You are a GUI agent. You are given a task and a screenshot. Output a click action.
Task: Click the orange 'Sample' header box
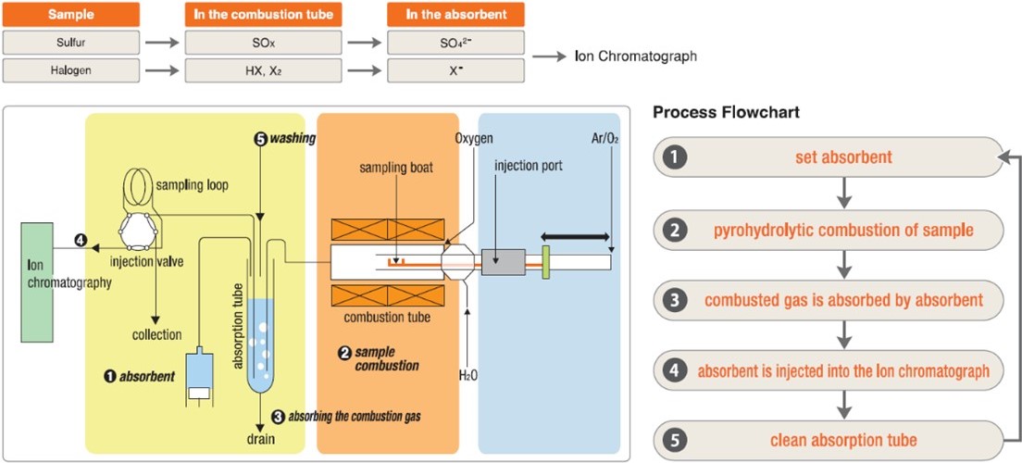click(70, 15)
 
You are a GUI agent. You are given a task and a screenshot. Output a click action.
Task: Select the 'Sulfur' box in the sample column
click(70, 42)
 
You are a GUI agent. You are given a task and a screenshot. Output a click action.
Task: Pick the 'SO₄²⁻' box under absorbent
click(455, 42)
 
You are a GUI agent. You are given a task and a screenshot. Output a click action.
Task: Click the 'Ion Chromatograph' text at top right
click(635, 56)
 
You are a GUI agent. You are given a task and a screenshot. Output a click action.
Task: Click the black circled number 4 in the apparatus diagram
click(81, 241)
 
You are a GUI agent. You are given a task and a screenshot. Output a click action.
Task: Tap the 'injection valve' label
click(148, 262)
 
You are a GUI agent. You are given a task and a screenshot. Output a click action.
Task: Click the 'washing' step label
click(297, 139)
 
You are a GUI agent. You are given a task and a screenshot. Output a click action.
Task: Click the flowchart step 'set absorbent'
click(843, 157)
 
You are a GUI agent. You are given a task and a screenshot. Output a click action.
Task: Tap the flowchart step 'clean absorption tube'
click(843, 441)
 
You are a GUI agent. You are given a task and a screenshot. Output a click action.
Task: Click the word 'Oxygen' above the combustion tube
click(475, 139)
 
